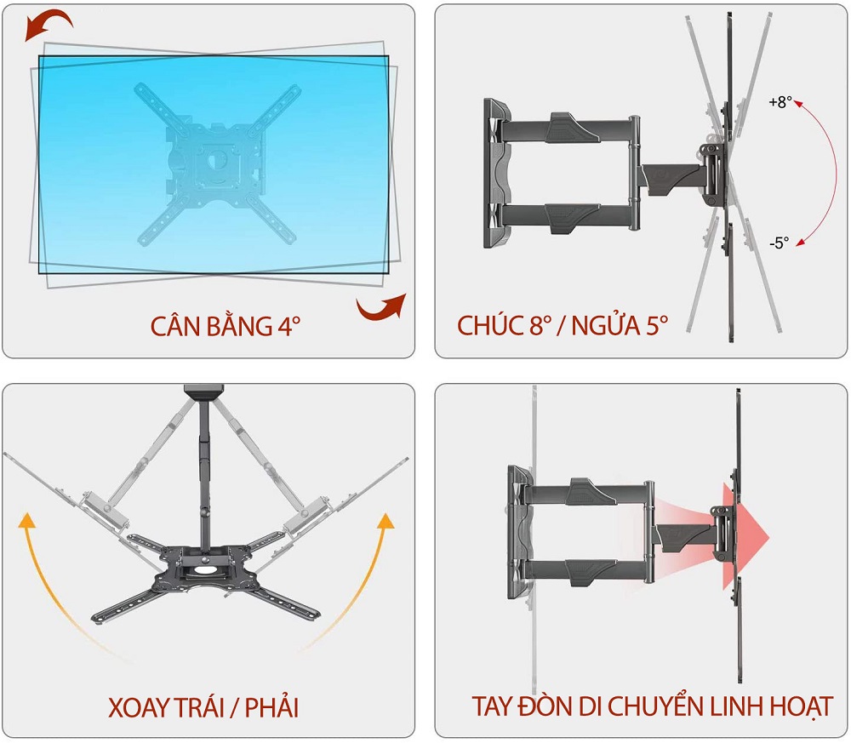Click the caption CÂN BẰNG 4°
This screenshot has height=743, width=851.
click(x=226, y=326)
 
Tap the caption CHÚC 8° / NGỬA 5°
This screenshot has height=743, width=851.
click(x=563, y=325)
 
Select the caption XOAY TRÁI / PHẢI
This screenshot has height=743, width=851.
click(x=203, y=707)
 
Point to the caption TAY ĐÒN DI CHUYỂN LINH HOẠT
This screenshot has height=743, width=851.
click(x=653, y=706)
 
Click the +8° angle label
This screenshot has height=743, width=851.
click(x=780, y=102)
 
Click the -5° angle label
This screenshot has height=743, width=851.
click(x=779, y=243)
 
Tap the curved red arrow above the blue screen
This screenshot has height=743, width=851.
click(x=48, y=26)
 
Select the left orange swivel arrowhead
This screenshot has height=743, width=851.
click(x=26, y=519)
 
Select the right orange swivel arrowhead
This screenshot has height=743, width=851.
click(x=386, y=520)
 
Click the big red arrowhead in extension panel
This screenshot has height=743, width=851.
click(x=745, y=537)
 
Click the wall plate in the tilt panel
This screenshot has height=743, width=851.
click(x=497, y=173)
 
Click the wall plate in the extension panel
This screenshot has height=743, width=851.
click(x=520, y=533)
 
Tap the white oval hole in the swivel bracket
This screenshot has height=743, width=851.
click(x=204, y=570)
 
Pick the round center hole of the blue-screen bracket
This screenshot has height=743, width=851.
click(x=220, y=159)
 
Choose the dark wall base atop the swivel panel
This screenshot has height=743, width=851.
click(x=204, y=392)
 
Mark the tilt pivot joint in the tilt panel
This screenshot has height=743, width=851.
click(x=713, y=174)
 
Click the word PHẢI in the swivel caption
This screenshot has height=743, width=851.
click(x=272, y=707)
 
